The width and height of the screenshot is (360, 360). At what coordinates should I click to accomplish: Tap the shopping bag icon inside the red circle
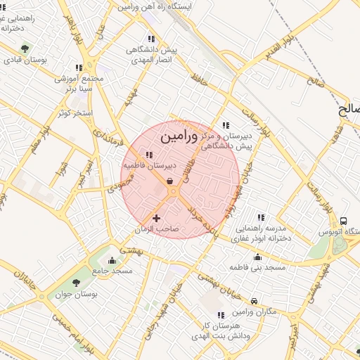click(x=171, y=181)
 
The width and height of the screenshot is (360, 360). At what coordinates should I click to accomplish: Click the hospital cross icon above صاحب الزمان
click(x=156, y=219)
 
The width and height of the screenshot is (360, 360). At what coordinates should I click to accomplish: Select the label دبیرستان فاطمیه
click(x=148, y=165)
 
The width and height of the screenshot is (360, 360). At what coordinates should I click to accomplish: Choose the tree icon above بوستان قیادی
click(x=25, y=49)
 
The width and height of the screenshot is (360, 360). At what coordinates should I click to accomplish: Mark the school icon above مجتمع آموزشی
click(x=78, y=67)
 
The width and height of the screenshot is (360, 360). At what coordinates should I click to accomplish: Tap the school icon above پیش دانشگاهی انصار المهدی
click(x=150, y=39)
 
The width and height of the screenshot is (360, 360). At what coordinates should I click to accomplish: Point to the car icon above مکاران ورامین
click(x=254, y=300)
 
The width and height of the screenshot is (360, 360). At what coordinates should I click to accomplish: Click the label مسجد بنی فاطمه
click(x=259, y=268)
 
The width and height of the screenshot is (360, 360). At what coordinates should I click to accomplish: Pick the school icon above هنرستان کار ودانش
click(x=220, y=315)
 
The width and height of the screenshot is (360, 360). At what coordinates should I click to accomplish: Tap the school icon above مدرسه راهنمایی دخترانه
click(x=262, y=217)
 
